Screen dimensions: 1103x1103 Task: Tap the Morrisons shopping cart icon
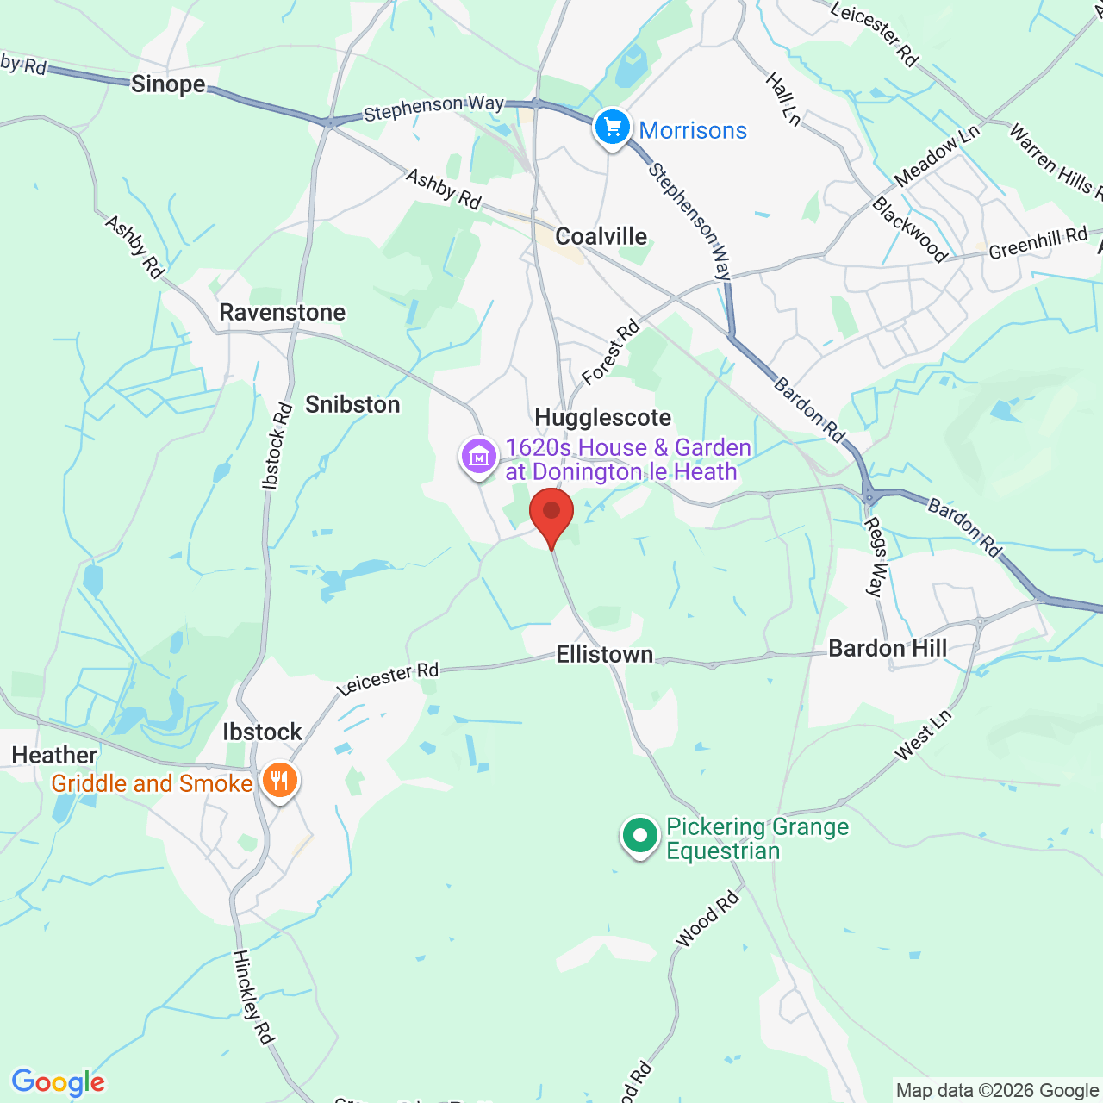pos(612,128)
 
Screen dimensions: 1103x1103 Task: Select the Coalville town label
pos(601,236)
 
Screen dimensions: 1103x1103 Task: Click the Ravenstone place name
pos(282,312)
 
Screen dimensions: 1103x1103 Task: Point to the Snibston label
pos(352,404)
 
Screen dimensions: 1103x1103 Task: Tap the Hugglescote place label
pos(602,418)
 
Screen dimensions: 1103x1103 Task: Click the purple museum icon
pos(478,456)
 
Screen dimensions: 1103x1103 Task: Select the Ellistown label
pos(604,655)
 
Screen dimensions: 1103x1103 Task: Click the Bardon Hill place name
pos(888,649)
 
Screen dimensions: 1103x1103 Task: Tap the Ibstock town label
pos(262,732)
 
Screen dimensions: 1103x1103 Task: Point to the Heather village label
pos(54,755)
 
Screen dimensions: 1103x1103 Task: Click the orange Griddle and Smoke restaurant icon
pos(279,781)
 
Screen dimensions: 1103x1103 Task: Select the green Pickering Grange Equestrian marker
pos(639,835)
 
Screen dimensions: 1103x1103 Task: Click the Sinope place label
pos(168,84)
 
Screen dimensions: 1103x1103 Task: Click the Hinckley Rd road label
pos(253,997)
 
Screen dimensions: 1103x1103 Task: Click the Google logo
pos(58,1082)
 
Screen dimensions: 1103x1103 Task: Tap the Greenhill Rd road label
pos(1038,243)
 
